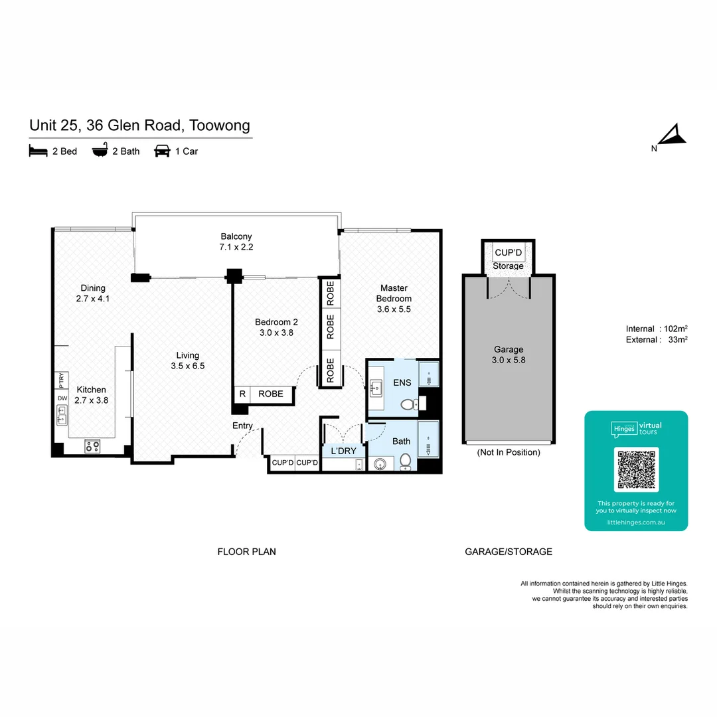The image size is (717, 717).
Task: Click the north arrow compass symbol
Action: (673, 135)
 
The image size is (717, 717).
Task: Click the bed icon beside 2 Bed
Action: (39, 151)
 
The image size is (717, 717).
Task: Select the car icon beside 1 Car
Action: (162, 151)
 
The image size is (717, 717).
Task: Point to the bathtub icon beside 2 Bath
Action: (100, 151)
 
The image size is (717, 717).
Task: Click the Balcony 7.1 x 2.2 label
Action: (236, 242)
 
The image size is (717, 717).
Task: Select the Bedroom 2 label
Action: (276, 327)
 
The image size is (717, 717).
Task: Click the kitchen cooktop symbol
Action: (92, 447)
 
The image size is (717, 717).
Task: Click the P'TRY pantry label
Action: (62, 381)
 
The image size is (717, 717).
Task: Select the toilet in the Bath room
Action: (405, 461)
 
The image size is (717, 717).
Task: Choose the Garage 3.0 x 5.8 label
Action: (509, 355)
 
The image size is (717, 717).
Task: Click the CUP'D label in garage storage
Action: (509, 253)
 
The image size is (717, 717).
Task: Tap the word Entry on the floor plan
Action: (242, 426)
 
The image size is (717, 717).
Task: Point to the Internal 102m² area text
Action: (656, 329)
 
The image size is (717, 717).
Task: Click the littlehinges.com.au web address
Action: (636, 523)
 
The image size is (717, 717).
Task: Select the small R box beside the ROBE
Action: (242, 394)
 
